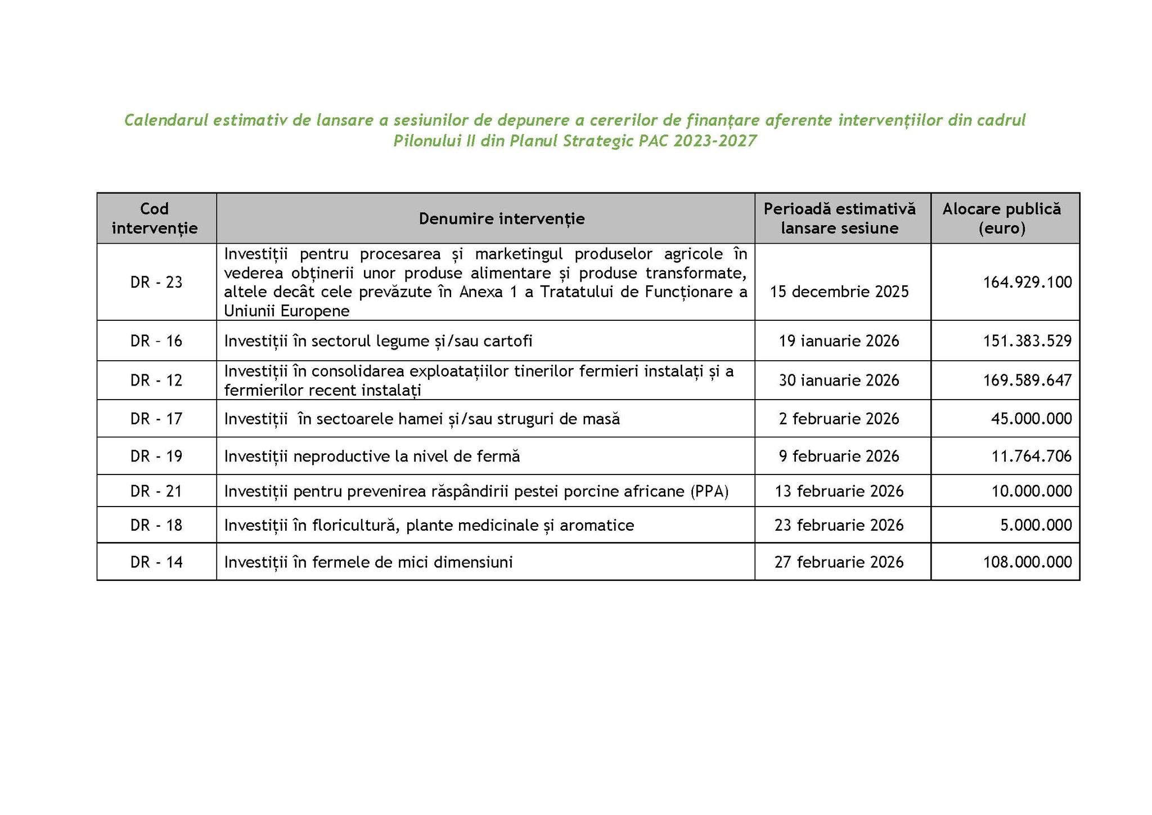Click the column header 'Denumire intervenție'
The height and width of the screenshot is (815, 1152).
501,218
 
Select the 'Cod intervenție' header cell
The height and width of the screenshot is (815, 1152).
155,218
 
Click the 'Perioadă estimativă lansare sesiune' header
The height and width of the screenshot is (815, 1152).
839,218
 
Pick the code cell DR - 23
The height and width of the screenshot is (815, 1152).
156,282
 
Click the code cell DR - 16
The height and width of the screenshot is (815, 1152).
156,341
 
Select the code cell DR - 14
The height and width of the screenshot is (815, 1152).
156,562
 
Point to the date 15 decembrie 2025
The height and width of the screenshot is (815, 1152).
839,292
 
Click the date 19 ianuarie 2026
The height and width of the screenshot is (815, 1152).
839,341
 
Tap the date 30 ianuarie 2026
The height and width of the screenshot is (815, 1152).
839,380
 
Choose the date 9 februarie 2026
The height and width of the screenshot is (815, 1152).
839,456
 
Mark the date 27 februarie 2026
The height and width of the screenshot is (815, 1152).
839,562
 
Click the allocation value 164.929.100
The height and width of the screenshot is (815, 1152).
1027,282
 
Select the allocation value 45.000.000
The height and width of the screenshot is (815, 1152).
1031,419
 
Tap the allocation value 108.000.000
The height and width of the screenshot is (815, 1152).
1027,562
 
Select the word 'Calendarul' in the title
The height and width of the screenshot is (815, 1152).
160,120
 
